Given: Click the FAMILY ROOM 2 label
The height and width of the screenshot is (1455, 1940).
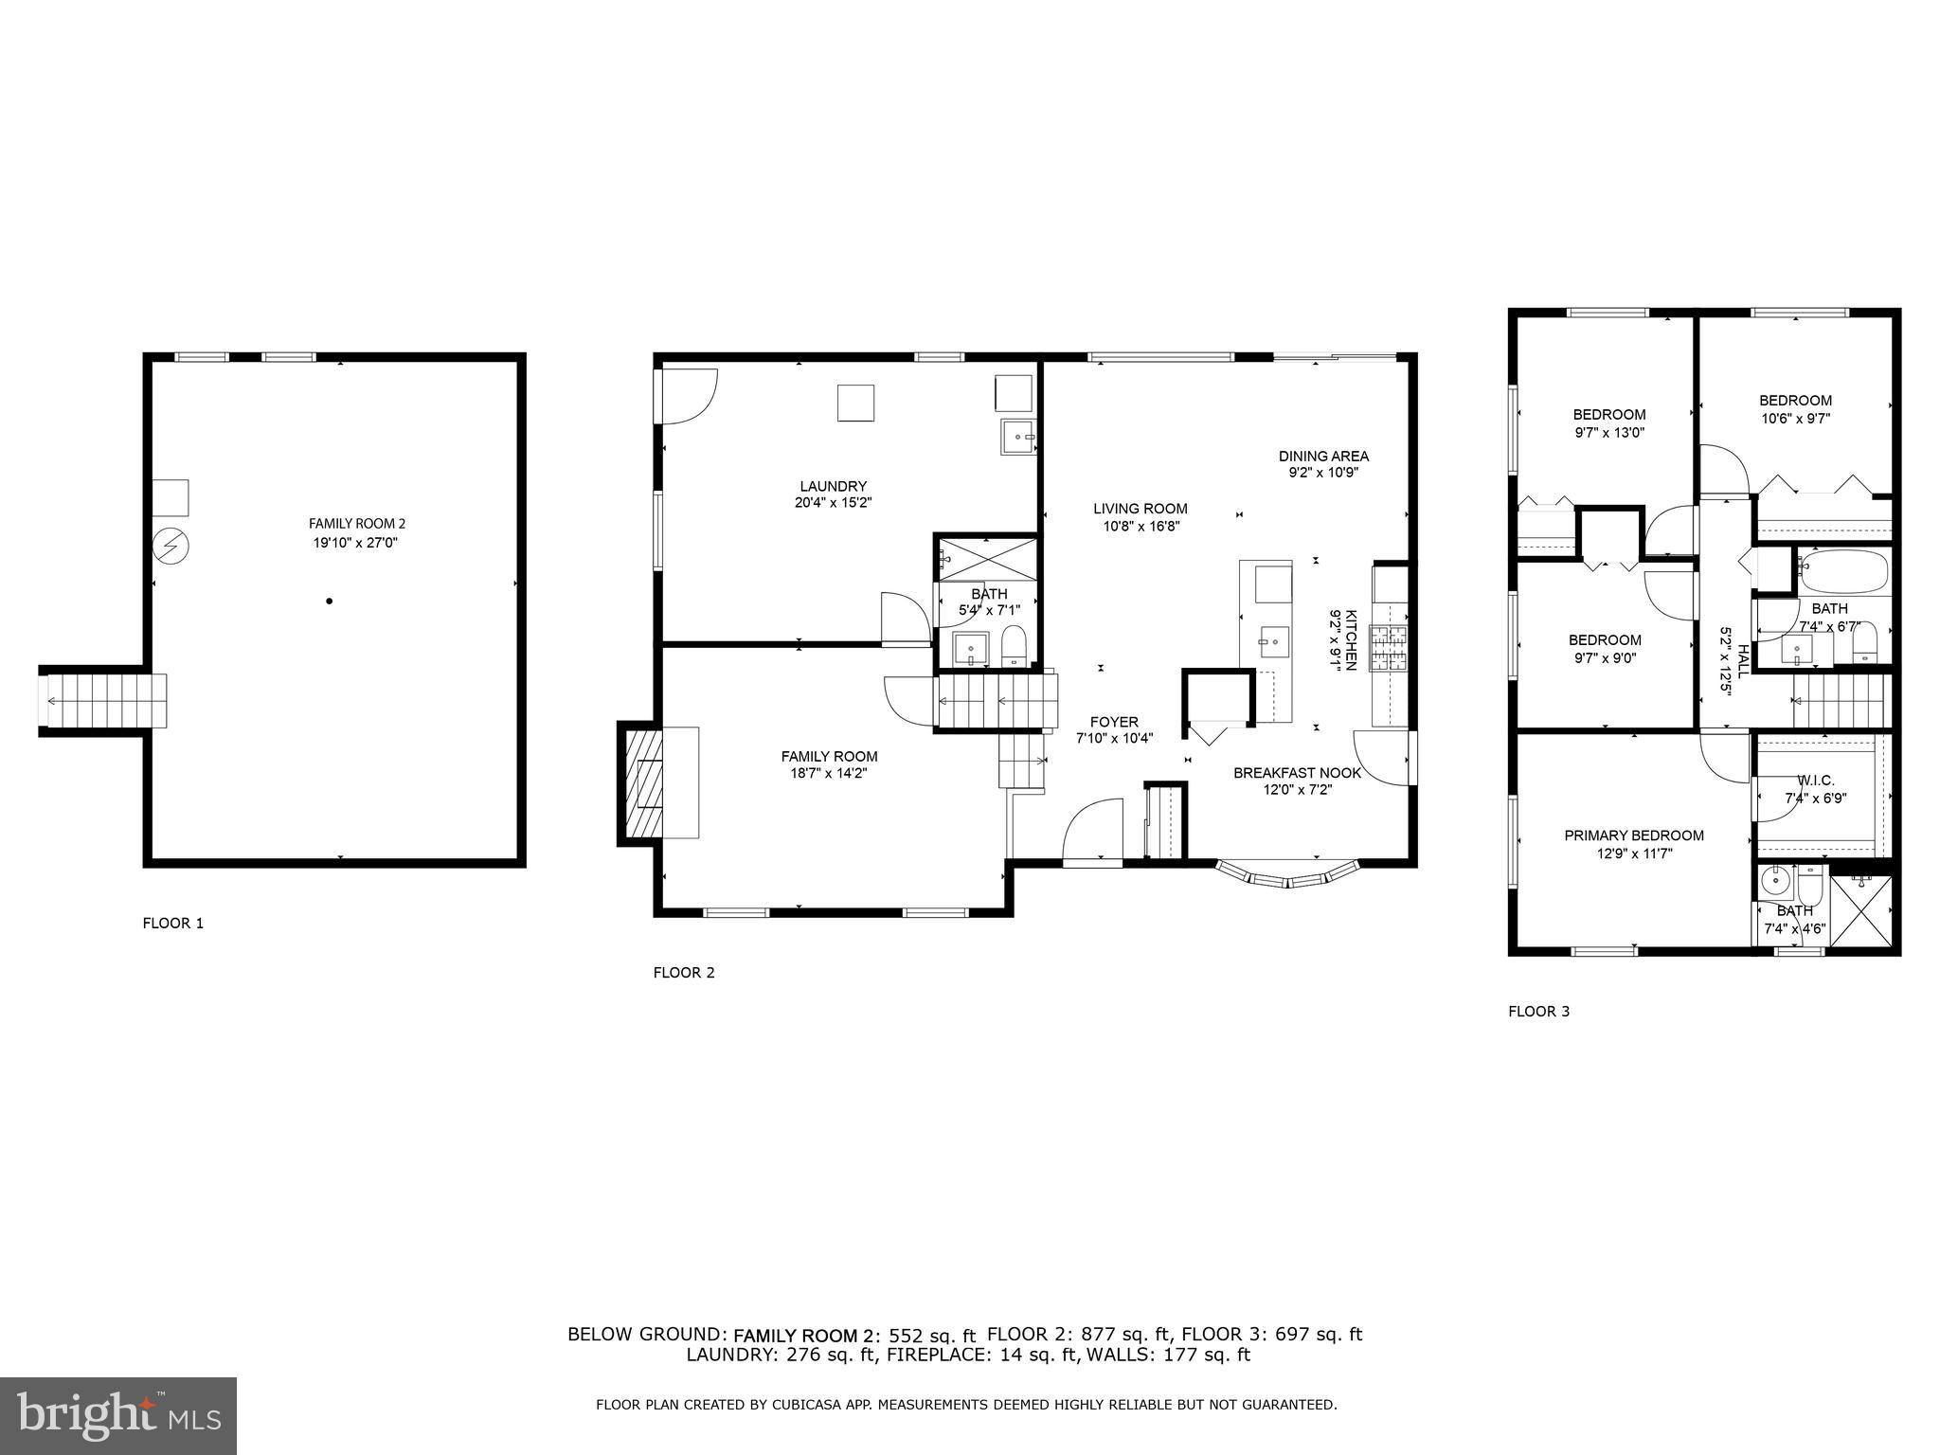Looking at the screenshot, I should (x=356, y=523).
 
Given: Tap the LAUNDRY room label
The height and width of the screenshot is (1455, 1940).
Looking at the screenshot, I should (x=833, y=486).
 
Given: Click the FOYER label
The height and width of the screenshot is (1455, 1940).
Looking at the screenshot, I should (x=1114, y=722).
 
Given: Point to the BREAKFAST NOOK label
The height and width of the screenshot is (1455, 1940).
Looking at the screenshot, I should (x=1297, y=773).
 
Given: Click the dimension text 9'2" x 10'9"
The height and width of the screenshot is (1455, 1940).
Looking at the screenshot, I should (x=1323, y=473).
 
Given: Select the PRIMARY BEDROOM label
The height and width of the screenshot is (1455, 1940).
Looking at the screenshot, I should (x=1634, y=835).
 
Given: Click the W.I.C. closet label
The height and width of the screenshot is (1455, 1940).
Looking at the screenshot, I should (x=1815, y=781).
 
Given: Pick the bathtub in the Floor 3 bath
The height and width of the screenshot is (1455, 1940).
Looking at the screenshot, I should (x=1842, y=572).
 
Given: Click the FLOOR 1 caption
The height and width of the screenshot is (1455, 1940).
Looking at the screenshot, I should (x=172, y=923).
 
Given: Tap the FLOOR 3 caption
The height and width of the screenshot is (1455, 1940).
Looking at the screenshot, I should (x=1538, y=1011).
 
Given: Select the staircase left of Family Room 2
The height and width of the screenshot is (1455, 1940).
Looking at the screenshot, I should (x=102, y=701).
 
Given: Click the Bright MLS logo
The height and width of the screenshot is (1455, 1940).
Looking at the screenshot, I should (x=118, y=1415).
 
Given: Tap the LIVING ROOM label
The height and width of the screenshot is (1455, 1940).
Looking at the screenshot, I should (x=1140, y=509).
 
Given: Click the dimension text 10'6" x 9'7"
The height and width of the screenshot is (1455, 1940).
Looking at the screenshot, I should (x=1795, y=418).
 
